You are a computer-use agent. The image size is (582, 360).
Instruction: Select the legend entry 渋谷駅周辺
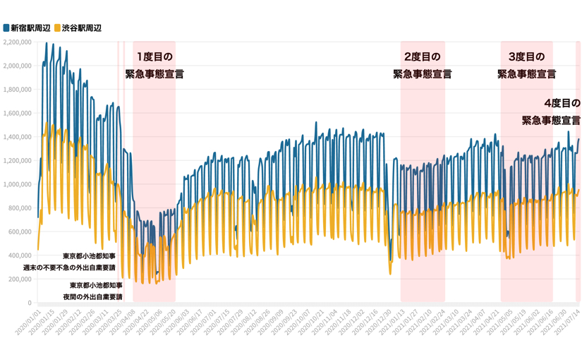82,28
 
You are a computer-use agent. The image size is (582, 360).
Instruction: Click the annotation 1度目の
154,56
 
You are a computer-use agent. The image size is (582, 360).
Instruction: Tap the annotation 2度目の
422,56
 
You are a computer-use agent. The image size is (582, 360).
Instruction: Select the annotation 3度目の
526,56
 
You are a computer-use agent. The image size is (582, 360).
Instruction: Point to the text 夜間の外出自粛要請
92,297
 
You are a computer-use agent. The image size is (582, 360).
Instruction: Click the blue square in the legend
6,28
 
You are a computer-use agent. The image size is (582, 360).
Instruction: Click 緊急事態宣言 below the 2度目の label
422,74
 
